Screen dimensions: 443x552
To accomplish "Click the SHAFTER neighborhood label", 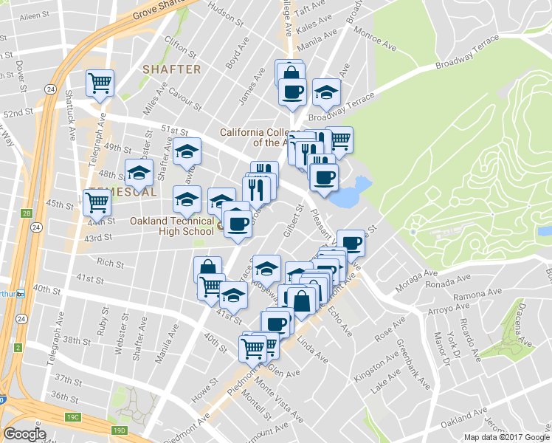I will [171, 69].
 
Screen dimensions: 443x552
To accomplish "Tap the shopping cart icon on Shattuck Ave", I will [100, 83].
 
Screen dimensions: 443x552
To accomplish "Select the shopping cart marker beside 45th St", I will [97, 201].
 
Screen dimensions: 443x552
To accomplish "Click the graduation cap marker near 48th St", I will [139, 173].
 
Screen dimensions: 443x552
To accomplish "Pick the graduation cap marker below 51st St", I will [187, 151].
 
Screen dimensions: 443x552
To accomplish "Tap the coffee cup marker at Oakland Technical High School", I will [236, 222].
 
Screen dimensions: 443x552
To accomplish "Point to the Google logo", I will [24, 434].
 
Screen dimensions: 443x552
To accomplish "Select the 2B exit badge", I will [27, 214].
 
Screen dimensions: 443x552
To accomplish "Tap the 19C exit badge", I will [73, 417].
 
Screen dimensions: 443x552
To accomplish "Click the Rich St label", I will [110, 262].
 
